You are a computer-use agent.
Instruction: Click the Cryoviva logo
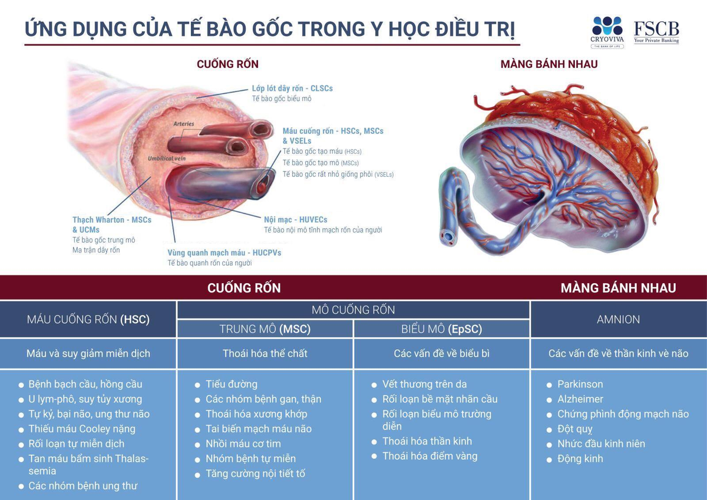click(x=607, y=32)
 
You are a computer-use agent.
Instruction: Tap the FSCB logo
click(x=656, y=32)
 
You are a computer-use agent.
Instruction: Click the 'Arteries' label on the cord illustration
click(x=184, y=124)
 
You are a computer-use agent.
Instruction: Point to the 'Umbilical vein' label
click(x=167, y=158)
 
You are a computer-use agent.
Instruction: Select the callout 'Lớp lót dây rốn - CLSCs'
click(x=292, y=88)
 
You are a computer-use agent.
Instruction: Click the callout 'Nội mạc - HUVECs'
click(x=295, y=219)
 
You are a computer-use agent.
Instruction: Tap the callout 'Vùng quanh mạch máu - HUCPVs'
click(x=224, y=253)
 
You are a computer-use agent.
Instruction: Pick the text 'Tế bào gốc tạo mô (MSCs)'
click(x=321, y=163)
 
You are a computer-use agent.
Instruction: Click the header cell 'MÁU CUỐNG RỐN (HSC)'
click(x=88, y=320)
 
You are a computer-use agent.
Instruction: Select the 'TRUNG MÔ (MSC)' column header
click(x=265, y=329)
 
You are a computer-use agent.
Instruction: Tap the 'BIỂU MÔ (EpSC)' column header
click(x=441, y=329)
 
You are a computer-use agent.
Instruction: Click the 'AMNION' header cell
click(x=619, y=320)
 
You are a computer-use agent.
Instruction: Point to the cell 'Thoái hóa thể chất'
click(x=265, y=353)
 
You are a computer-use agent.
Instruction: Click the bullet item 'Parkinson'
click(x=580, y=384)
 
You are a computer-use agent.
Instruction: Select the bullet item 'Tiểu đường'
click(x=232, y=384)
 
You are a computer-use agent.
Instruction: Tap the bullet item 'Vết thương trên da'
click(x=425, y=384)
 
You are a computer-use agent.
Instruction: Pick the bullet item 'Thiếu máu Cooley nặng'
click(x=82, y=429)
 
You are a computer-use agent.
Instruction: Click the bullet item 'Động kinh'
click(x=580, y=459)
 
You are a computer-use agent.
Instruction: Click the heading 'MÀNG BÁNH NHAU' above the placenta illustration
click(x=549, y=64)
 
